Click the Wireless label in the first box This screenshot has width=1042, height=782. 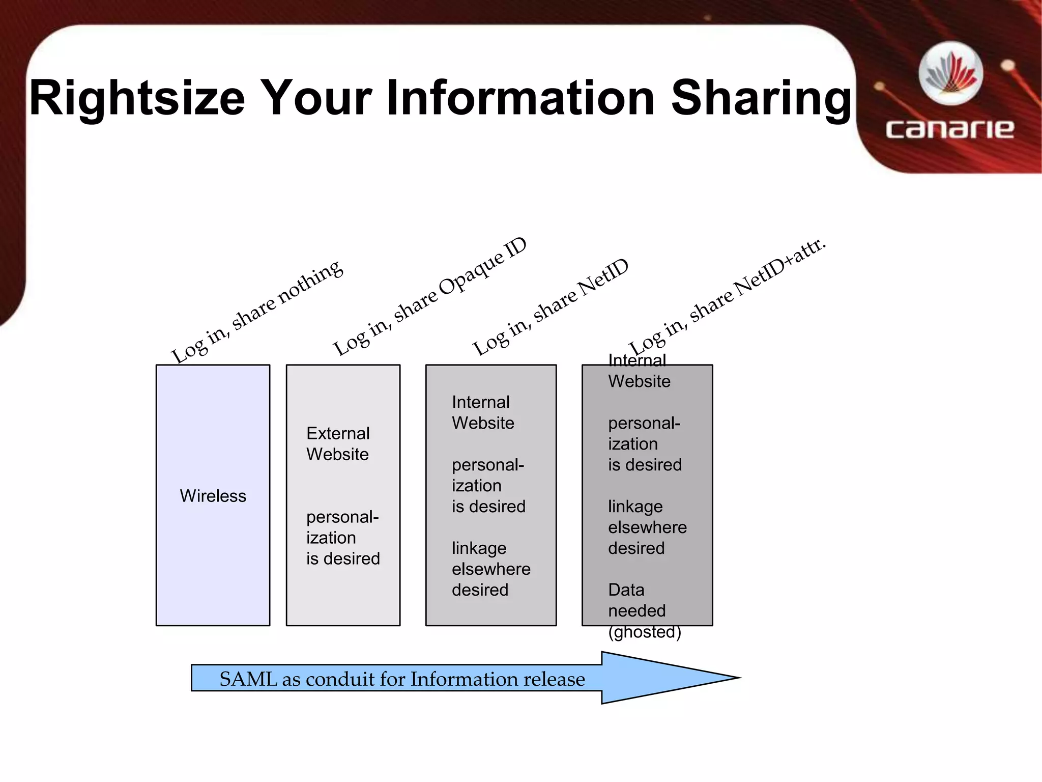coord(213,496)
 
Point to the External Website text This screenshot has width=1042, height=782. coord(338,443)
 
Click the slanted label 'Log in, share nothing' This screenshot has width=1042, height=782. coord(257,311)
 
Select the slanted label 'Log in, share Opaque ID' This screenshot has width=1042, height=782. coord(430,297)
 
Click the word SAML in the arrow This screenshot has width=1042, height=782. coord(248,679)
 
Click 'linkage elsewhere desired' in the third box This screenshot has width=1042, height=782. coord(491,569)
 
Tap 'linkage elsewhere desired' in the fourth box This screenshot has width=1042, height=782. coord(647,527)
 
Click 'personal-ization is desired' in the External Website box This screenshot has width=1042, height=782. coord(343,538)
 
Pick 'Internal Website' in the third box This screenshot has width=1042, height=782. coord(483,412)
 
